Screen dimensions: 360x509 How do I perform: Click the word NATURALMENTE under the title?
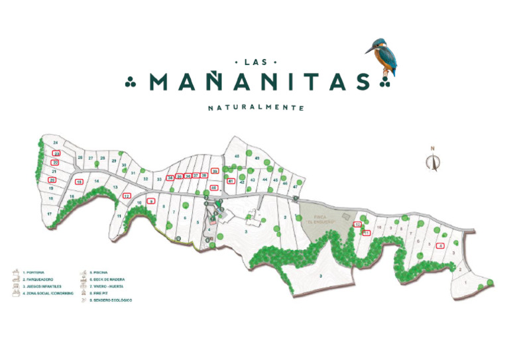(255, 107)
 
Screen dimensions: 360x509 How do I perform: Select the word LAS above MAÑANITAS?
(255, 62)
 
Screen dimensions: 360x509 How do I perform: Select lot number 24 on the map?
(56, 143)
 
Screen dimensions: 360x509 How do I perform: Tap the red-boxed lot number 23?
(56, 153)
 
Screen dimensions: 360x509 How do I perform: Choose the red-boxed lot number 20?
(52, 180)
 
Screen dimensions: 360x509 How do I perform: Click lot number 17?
(49, 214)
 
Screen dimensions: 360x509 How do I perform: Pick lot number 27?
(91, 158)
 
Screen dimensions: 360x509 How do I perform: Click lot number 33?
(158, 179)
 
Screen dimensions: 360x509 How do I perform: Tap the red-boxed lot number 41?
(231, 180)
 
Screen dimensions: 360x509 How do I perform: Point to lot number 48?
(237, 156)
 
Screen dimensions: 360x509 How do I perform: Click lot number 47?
(295, 187)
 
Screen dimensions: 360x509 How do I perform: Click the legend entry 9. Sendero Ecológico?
(109, 300)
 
